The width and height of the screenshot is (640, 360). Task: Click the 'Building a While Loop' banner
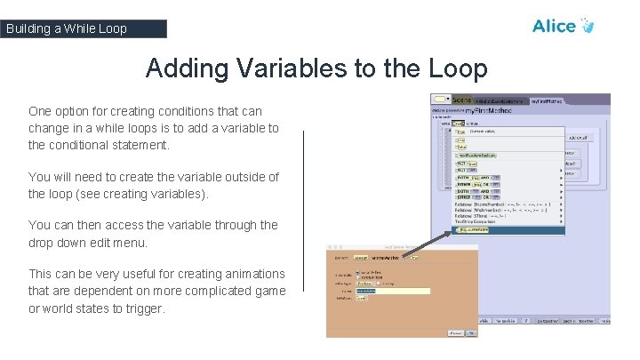[x=83, y=28]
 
